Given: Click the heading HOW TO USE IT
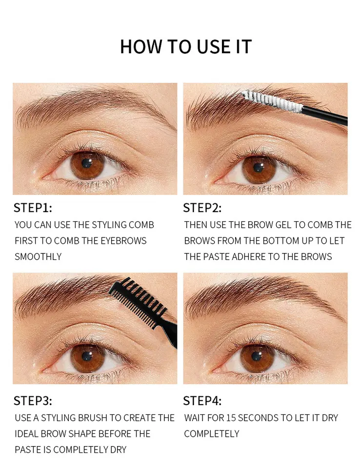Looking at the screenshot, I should point(186,46).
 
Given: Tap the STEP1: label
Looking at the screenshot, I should point(33,208).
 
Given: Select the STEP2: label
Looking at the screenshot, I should point(202,208).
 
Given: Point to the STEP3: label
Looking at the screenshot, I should point(33,401).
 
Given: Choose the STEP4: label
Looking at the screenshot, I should point(202,401).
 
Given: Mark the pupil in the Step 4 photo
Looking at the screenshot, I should point(257,357).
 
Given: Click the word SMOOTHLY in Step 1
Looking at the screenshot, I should point(38,256).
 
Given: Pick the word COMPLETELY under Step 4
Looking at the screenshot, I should point(212,433).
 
